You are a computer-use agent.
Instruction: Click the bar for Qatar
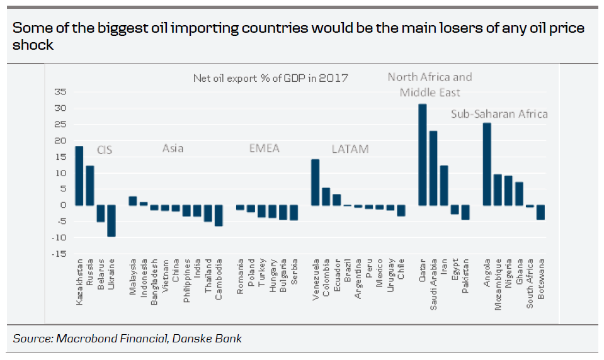(422, 155)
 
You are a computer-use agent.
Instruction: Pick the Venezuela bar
(316, 183)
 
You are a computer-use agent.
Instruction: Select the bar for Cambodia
(219, 215)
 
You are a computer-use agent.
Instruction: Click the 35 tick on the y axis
(60, 91)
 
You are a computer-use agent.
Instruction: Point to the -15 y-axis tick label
(58, 254)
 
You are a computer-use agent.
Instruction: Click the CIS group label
(105, 150)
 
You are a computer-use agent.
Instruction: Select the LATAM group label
(350, 149)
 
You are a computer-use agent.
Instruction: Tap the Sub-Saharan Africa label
(499, 114)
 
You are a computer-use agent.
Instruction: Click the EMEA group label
(264, 149)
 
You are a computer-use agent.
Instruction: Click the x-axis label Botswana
(540, 281)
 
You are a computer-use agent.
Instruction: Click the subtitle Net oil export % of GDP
(270, 78)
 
